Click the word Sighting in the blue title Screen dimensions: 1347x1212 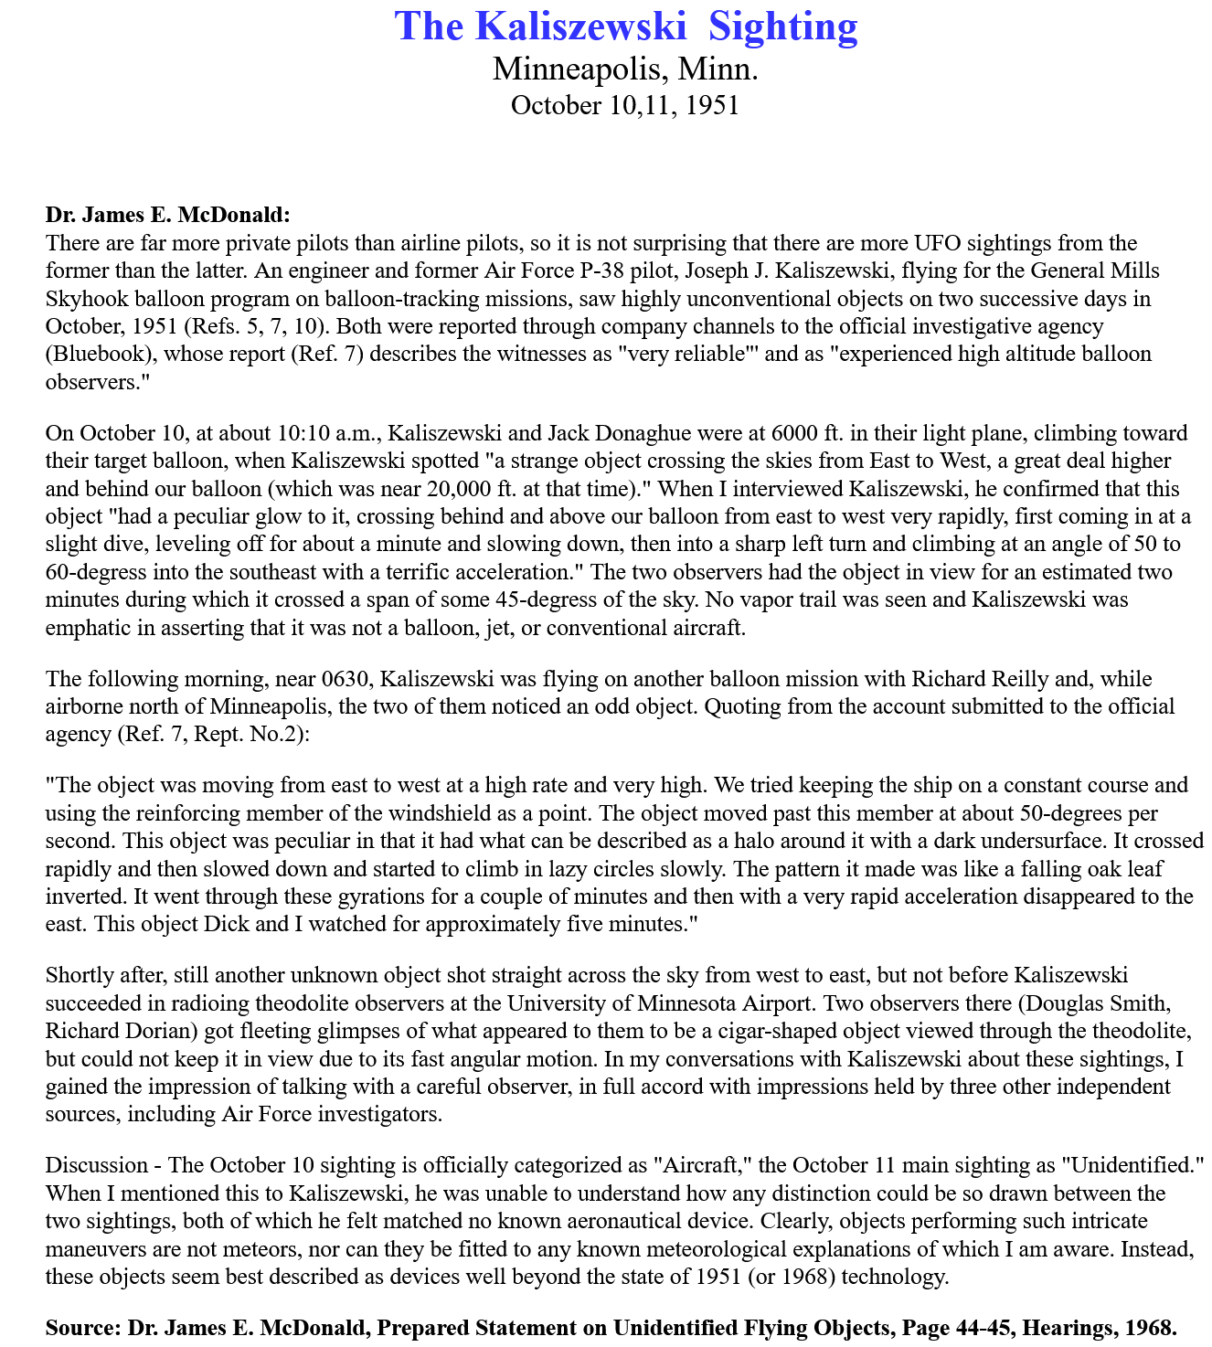[x=783, y=27]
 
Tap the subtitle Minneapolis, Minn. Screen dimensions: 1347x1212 [x=625, y=69]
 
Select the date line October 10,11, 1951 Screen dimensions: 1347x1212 [x=625, y=105]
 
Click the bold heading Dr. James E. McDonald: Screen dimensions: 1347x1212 [x=167, y=216]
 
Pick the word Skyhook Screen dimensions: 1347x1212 [x=84, y=299]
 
